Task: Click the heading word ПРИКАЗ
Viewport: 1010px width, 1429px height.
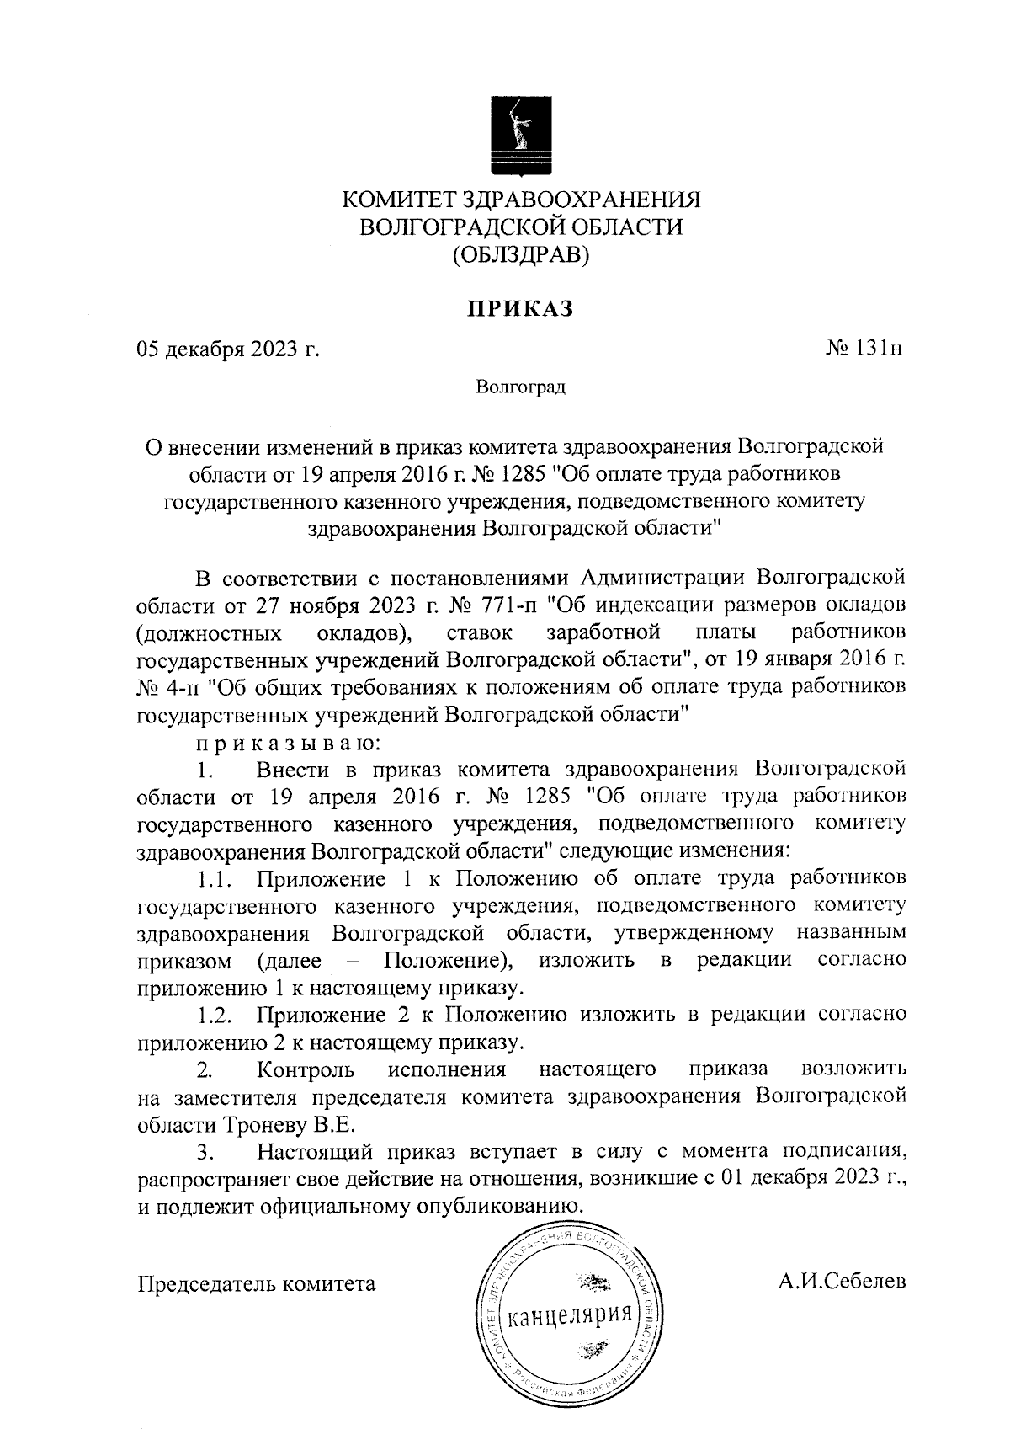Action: (x=520, y=309)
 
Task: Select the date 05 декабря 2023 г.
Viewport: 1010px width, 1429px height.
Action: (x=228, y=349)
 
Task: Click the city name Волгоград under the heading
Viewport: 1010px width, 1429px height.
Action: (x=520, y=387)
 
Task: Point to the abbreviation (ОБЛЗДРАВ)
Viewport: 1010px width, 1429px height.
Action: (x=519, y=254)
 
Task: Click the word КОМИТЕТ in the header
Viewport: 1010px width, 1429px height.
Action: (x=397, y=200)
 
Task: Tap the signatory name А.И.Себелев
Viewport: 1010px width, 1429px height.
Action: (x=842, y=1282)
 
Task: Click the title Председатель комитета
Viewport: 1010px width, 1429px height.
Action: (x=256, y=1284)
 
